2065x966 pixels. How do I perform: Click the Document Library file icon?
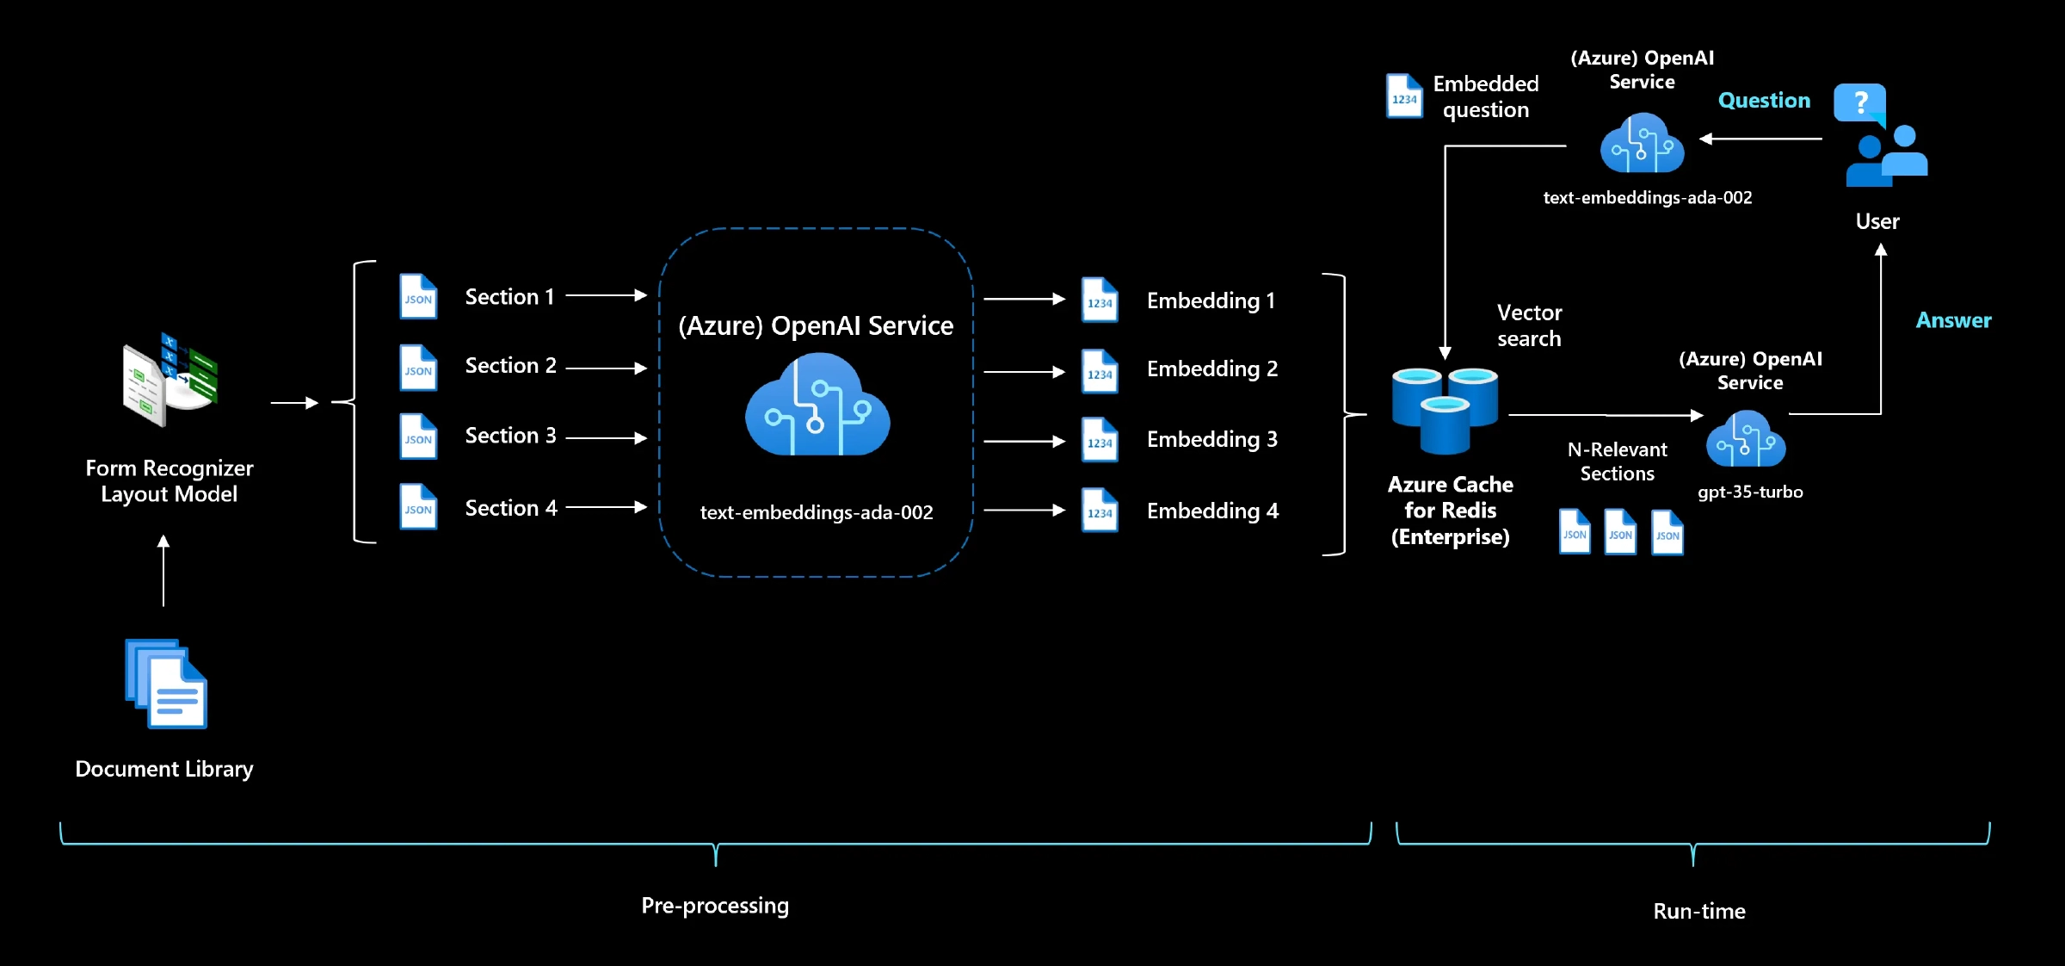point(167,684)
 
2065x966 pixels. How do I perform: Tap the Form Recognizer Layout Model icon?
point(170,380)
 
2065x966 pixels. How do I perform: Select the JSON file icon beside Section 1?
point(418,297)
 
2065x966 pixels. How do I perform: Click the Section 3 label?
point(510,436)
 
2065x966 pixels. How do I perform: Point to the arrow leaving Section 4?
point(606,507)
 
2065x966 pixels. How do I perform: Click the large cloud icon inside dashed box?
point(817,406)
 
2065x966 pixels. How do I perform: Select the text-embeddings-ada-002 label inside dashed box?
point(817,512)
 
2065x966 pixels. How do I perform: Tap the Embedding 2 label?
point(1211,368)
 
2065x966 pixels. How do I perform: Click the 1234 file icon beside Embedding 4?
point(1100,511)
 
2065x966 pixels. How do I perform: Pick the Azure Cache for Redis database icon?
point(1445,411)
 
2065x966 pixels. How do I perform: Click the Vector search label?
point(1529,325)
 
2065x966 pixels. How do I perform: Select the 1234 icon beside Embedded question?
point(1404,96)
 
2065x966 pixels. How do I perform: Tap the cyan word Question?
point(1764,101)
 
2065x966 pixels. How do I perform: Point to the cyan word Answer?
point(1953,320)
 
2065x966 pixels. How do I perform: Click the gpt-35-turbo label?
point(1750,492)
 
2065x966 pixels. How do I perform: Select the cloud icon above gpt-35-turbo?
point(1746,440)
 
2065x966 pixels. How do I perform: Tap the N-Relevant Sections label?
point(1617,461)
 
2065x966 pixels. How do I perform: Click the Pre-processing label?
point(715,906)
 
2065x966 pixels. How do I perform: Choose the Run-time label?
point(1698,911)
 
